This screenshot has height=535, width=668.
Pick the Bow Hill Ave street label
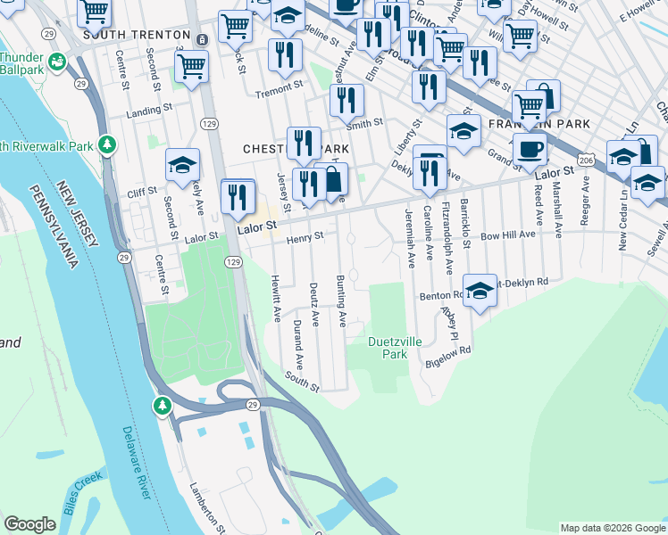(x=507, y=235)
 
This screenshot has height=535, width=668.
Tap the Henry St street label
(x=305, y=238)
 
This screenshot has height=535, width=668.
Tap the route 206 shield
(x=586, y=159)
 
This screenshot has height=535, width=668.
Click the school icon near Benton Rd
(x=480, y=292)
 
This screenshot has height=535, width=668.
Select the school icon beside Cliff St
(x=182, y=166)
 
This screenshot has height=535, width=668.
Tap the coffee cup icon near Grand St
(x=530, y=148)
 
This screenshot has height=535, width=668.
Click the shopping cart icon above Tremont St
(x=192, y=66)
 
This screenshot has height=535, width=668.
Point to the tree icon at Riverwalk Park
(x=107, y=144)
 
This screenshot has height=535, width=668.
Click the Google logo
(x=30, y=524)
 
